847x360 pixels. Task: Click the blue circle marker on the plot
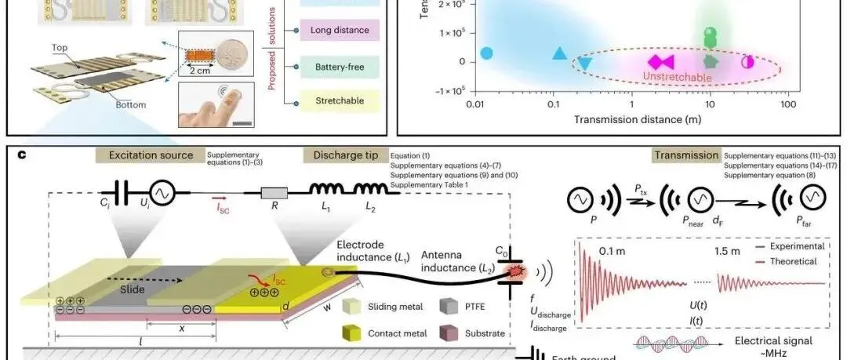click(x=486, y=53)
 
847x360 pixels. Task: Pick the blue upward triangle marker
click(x=559, y=54)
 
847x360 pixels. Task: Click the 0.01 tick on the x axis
click(x=473, y=104)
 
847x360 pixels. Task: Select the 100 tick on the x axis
click(x=788, y=104)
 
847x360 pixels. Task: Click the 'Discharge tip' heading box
click(x=343, y=155)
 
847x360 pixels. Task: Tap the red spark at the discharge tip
click(x=518, y=271)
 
